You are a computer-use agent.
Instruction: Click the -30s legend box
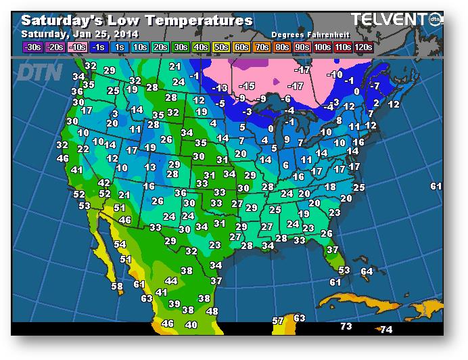click(32, 47)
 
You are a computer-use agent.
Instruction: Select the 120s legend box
click(363, 47)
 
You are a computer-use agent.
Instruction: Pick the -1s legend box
click(97, 47)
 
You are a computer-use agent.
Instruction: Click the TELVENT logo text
click(388, 20)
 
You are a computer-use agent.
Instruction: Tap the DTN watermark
click(39, 71)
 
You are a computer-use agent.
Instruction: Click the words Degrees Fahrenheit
click(306, 34)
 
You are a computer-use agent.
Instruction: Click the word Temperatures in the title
click(202, 21)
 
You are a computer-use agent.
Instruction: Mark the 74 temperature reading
click(386, 330)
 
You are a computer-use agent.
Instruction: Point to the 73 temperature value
click(346, 327)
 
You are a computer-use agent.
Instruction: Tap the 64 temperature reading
click(367, 272)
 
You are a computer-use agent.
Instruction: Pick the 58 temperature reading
click(117, 287)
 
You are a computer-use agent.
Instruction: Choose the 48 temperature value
click(212, 311)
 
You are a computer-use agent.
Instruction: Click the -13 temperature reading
click(220, 88)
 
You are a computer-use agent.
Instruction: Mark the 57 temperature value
click(278, 321)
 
